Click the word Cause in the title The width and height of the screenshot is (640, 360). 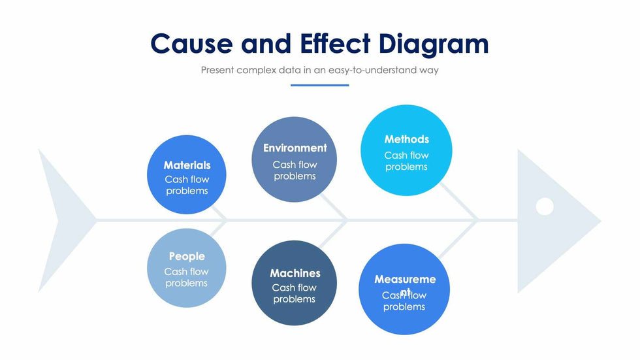coord(191,44)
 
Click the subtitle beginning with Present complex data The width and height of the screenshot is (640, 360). coord(319,70)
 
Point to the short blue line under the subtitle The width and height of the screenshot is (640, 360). coord(319,85)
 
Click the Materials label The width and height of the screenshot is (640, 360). coord(187,165)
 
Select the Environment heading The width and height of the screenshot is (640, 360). coord(295,148)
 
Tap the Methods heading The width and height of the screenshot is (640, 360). coord(406,139)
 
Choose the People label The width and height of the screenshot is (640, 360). coord(187,257)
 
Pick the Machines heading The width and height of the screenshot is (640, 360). coord(295,273)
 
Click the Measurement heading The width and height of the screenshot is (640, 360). coord(405,280)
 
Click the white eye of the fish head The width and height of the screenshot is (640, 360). coord(545,206)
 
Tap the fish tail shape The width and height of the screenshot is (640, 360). coord(62,220)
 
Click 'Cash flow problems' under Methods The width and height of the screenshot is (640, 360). coord(406,161)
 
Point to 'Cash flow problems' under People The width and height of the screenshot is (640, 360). coord(187,278)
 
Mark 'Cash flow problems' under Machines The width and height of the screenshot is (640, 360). coord(295,293)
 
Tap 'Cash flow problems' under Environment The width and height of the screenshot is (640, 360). coord(295,171)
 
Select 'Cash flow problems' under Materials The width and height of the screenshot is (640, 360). coord(187,185)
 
